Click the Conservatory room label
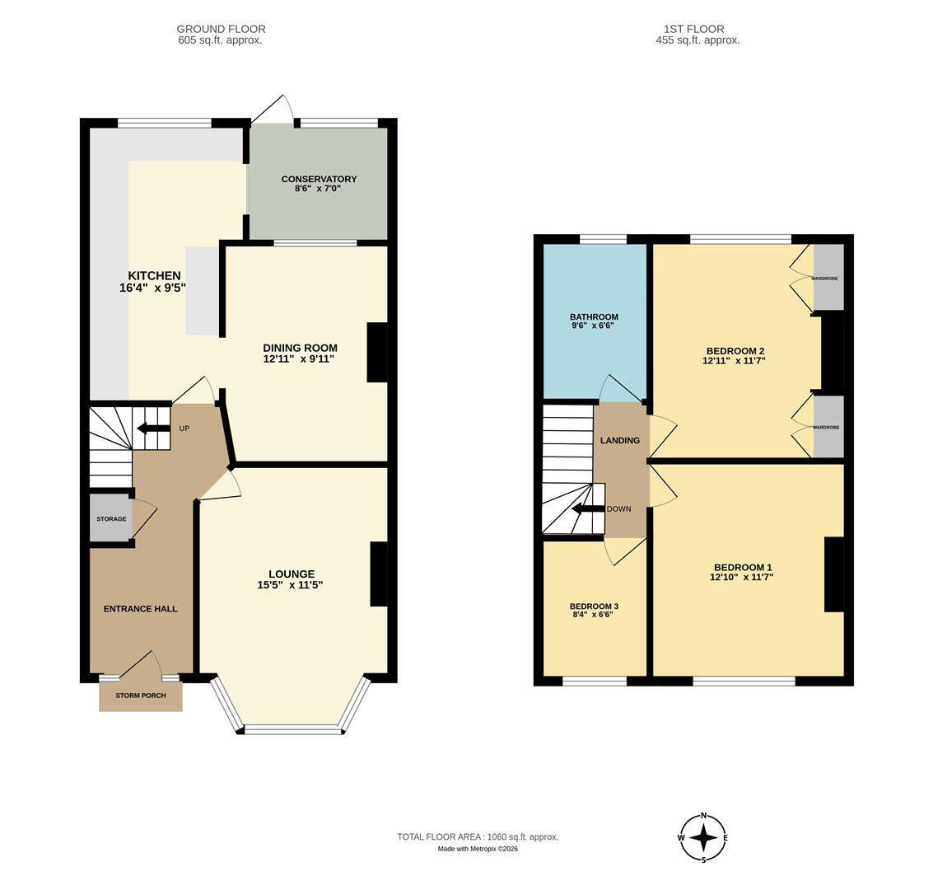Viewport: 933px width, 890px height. pos(319,179)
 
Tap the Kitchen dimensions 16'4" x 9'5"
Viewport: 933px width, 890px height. pos(153,288)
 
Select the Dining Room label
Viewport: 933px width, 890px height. pos(300,348)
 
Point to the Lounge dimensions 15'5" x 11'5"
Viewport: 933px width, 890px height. pos(290,586)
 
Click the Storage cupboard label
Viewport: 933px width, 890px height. pos(111,519)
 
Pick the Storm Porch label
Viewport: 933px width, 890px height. pos(140,696)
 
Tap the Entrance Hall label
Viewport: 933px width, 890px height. pos(140,609)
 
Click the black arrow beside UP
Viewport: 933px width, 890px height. pos(153,428)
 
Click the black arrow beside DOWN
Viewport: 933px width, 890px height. pos(588,508)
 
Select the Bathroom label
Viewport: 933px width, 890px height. pos(594,316)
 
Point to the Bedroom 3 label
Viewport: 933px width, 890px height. pos(594,607)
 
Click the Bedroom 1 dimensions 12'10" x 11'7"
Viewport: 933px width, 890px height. pos(742,578)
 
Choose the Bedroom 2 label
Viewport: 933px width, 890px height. pos(735,350)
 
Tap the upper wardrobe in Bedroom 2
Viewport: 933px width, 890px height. pos(828,278)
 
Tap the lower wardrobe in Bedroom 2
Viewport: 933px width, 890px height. pos(828,427)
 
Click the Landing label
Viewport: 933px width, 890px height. pos(619,441)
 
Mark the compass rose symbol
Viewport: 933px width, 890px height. pos(703,838)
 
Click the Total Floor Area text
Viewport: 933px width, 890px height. pos(478,837)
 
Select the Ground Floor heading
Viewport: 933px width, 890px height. pos(221,29)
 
